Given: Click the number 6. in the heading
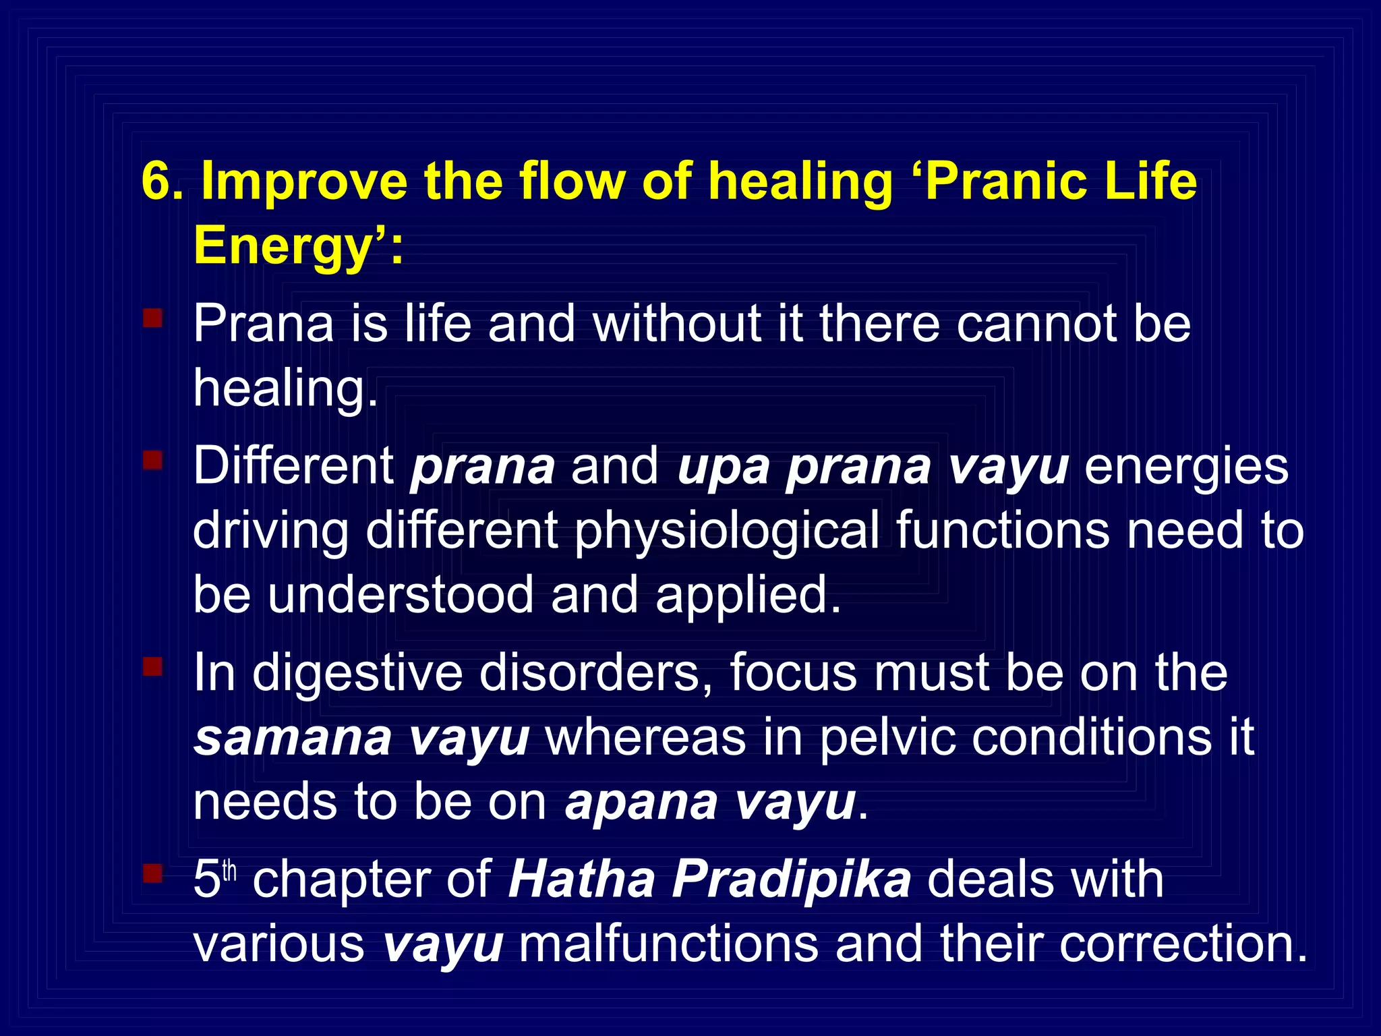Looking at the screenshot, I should [162, 182].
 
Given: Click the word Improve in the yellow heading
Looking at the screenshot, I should [304, 182].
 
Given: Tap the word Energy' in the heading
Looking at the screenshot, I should [290, 247].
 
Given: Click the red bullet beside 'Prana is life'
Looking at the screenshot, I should [153, 318].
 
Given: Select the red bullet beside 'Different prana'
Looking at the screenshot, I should [153, 460].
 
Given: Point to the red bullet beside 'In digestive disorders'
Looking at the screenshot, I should [153, 666].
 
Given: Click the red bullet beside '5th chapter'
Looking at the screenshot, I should [153, 874].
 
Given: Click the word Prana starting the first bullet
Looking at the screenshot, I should [263, 324].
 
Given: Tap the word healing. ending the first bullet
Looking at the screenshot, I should [285, 390].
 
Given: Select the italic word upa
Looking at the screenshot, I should [723, 467].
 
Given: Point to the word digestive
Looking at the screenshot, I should [357, 673].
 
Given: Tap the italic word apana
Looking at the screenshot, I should [641, 803].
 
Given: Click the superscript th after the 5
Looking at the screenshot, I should [230, 871].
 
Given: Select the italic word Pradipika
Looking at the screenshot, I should [792, 880].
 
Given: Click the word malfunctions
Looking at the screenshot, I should [668, 944].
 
